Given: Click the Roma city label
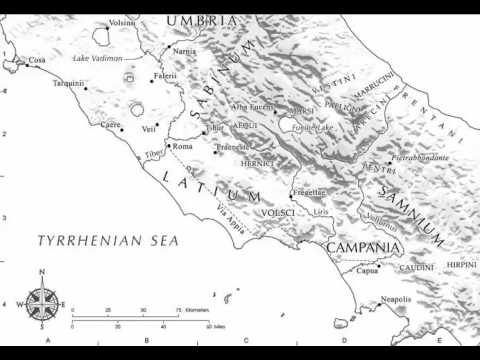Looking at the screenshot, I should point(183,146).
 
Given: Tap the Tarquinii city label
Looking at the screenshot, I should point(69,84).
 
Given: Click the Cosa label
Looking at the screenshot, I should point(38,60).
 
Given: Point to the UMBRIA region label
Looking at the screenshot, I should point(202,20).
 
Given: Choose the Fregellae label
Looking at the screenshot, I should point(308,192).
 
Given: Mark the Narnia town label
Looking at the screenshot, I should point(185,50).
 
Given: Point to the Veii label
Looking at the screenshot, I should point(149,129).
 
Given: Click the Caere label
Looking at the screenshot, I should point(110,125).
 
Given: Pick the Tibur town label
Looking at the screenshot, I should point(215,129).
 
